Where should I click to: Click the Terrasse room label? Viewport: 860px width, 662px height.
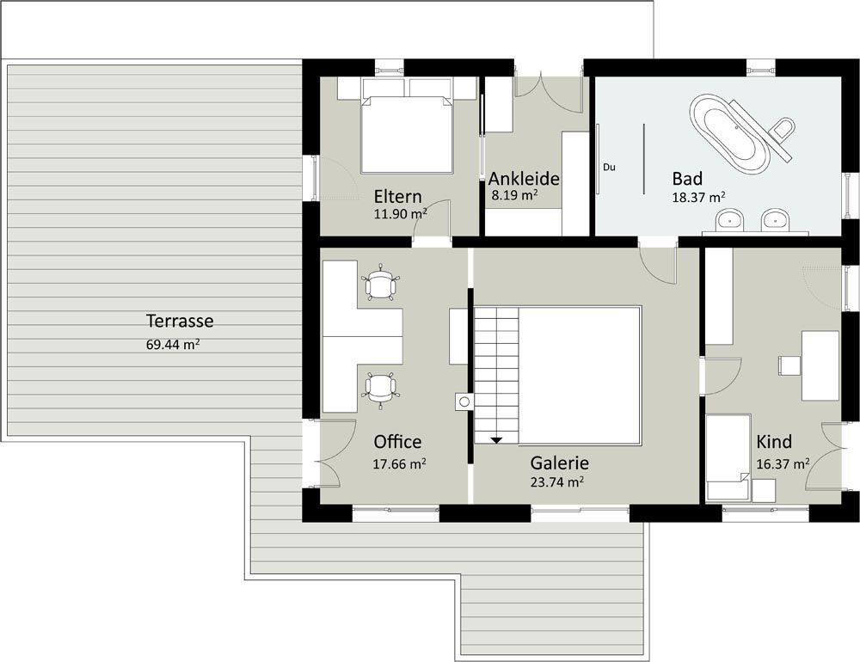(180, 321)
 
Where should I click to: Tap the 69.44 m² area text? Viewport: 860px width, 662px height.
(173, 345)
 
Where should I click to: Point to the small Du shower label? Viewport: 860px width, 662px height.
(609, 168)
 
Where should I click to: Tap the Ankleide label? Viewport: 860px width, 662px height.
(524, 179)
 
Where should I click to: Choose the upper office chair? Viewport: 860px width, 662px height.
(379, 283)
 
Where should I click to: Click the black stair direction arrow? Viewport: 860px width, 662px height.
(496, 440)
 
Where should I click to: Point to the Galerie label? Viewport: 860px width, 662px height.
(560, 463)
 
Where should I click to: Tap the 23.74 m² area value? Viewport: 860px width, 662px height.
(556, 481)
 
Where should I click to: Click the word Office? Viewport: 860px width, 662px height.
(397, 442)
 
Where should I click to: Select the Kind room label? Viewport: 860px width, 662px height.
(774, 442)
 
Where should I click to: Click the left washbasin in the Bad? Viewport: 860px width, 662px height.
(730, 219)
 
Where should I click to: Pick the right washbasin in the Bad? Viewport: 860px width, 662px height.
(776, 219)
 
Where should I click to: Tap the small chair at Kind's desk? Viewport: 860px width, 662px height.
(789, 366)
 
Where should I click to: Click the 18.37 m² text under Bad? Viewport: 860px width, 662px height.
(698, 198)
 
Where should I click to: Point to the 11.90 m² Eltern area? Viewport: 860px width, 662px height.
(401, 214)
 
